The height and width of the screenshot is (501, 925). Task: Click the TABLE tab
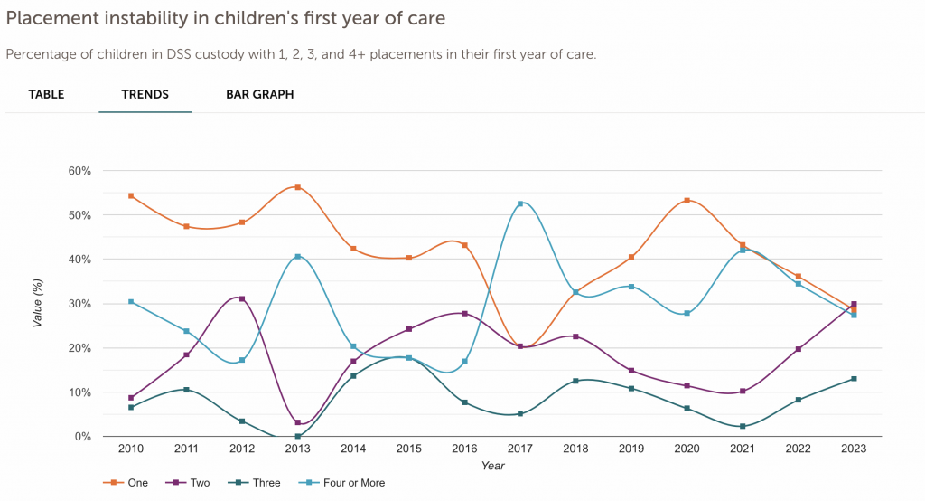pyautogui.click(x=46, y=94)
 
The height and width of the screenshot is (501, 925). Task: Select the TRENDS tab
pyautogui.click(x=145, y=94)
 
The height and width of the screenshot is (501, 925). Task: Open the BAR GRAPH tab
pyautogui.click(x=259, y=94)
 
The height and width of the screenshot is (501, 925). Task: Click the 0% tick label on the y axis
pyautogui.click(x=82, y=437)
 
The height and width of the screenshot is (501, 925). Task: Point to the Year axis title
pyautogui.click(x=492, y=466)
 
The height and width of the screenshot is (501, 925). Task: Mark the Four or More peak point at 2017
pyautogui.click(x=520, y=203)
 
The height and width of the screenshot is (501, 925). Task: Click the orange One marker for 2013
pyautogui.click(x=297, y=187)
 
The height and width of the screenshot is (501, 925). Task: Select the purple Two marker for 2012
pyautogui.click(x=242, y=298)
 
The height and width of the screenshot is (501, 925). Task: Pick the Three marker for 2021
pyautogui.click(x=743, y=426)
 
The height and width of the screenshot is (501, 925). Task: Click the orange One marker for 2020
pyautogui.click(x=687, y=201)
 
